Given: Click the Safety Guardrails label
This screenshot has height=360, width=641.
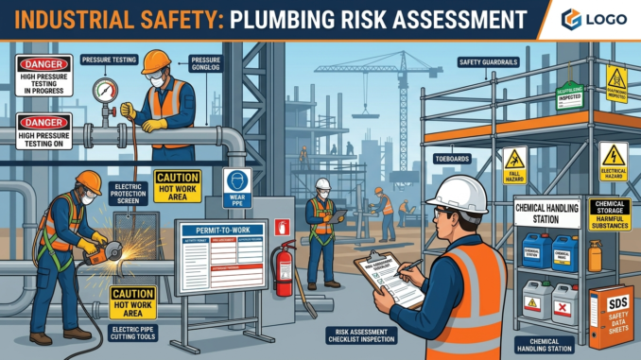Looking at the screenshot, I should [488, 62].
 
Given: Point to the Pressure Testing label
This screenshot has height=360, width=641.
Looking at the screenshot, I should [110, 59].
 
